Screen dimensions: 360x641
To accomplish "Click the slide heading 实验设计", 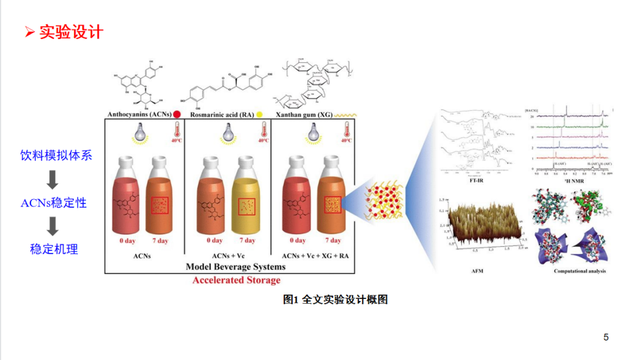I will click(x=71, y=32).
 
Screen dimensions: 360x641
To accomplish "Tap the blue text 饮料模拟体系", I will click(x=56, y=155).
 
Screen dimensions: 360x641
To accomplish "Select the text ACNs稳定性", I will click(x=54, y=203).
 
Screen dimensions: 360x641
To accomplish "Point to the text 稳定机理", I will click(x=54, y=249).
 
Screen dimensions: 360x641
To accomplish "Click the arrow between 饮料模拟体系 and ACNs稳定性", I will click(x=53, y=179).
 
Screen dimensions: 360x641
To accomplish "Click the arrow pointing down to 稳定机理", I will click(x=53, y=226).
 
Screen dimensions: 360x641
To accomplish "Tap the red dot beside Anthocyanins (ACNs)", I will click(x=177, y=114).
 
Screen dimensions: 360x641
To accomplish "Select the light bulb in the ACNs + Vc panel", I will click(x=228, y=133).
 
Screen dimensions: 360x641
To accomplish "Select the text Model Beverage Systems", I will click(x=236, y=267).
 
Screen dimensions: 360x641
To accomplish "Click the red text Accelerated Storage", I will click(x=236, y=280).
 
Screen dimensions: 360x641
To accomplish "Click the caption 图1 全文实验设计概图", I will click(x=335, y=300).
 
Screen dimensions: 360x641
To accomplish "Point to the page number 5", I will click(x=606, y=337).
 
